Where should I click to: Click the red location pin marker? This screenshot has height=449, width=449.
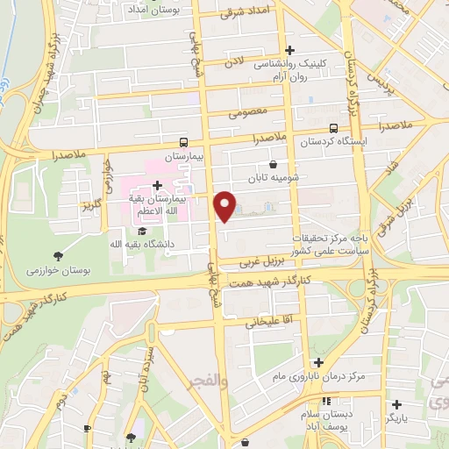click(x=226, y=206)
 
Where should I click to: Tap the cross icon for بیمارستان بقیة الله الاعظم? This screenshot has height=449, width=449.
click(x=157, y=185)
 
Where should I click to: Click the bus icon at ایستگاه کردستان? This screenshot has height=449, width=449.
click(x=344, y=129)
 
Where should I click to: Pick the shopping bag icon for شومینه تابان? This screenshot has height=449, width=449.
click(x=273, y=164)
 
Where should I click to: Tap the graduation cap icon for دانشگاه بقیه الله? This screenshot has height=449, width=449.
click(x=142, y=230)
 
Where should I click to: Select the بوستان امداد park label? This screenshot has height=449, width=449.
click(x=153, y=10)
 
